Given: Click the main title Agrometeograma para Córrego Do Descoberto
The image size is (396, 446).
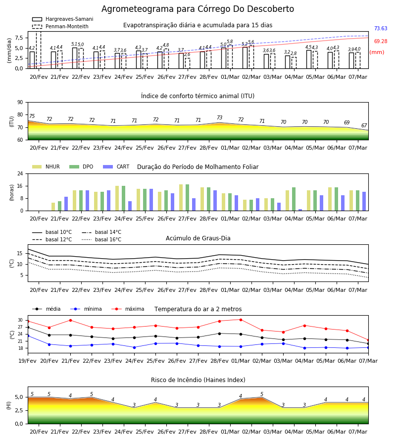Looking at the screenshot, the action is coord(198,9).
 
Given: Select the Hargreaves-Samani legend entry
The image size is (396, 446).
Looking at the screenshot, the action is coord(63,19).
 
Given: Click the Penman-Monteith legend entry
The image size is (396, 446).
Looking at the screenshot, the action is coord(60,26).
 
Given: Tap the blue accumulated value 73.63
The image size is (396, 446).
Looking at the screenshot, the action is coord(381,28).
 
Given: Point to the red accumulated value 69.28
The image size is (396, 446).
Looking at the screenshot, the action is coord(381,41).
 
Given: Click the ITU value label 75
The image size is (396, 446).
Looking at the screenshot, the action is coord(32,116).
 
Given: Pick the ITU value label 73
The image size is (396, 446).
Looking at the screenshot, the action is coord(219,117).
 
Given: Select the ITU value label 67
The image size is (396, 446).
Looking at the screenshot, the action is coord(364,125).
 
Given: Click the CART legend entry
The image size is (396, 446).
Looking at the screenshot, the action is coord(116,167).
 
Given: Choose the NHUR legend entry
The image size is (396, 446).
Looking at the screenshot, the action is coord(46,167).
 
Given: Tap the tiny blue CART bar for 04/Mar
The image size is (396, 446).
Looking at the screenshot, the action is coord(300,210).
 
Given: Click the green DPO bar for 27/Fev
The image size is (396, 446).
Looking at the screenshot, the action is coord(187,198).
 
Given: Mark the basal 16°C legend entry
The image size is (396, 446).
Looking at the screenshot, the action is coord(101,239).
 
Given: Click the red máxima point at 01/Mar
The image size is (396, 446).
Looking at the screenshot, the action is coord(241,320).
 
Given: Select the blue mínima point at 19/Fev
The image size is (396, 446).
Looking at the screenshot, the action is coord(28,336).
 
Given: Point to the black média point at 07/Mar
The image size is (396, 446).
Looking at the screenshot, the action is coord(368,343).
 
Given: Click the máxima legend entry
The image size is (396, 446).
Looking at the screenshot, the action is coord(128,309).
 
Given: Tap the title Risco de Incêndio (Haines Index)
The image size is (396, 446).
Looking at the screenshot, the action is coord(198,380).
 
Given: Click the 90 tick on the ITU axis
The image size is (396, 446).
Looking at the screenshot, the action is coord(20,103).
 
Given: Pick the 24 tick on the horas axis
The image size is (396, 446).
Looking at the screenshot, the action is coord(20,173).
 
